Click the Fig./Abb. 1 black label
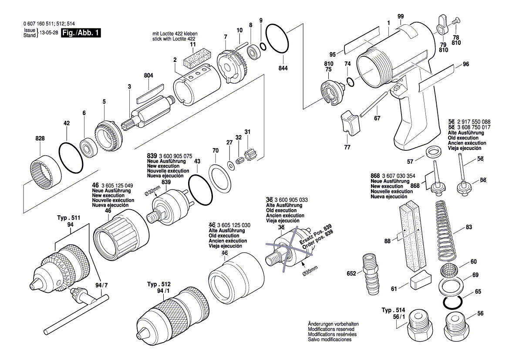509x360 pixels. click(x=81, y=33)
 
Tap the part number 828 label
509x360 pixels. click(x=40, y=138)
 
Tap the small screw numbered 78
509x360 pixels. click(x=455, y=20)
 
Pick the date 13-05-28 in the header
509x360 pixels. click(x=49, y=33)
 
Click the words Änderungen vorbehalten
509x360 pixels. click(x=333, y=324)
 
